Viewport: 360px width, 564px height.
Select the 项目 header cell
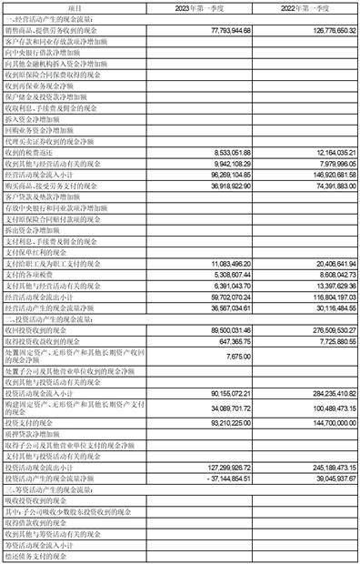74,7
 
